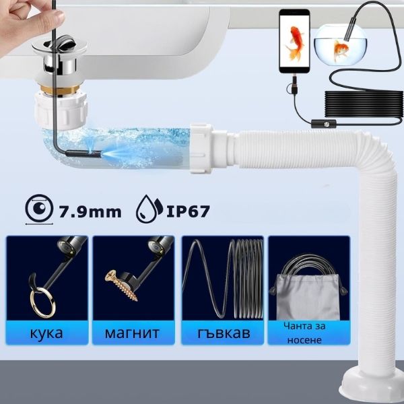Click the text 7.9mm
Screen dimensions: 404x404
pyautogui.click(x=90, y=212)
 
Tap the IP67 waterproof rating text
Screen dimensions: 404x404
pyautogui.click(x=188, y=211)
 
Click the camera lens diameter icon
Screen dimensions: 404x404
pyautogui.click(x=40, y=209)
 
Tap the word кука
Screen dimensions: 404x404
pyautogui.click(x=46, y=333)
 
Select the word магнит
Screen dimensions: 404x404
pyautogui.click(x=132, y=333)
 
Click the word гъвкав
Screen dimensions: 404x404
pyautogui.click(x=224, y=333)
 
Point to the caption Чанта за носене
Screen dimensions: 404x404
pyautogui.click(x=304, y=333)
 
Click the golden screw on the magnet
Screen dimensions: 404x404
pyautogui.click(x=121, y=285)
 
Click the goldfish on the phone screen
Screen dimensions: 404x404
pyautogui.click(x=294, y=43)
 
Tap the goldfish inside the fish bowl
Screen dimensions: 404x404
pyautogui.click(x=340, y=50)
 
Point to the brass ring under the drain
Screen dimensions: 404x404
pyautogui.click(x=61, y=89)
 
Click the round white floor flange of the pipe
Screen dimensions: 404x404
pyautogui.click(x=372, y=386)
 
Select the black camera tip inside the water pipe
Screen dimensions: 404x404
pyautogui.click(x=83, y=154)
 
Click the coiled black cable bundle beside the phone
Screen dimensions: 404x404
pyautogui.click(x=364, y=108)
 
